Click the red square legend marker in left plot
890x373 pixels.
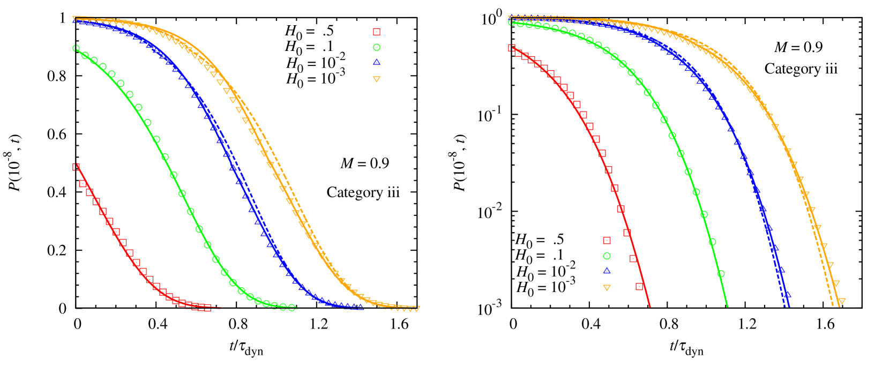(x=377, y=32)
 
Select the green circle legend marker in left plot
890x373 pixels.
(x=377, y=48)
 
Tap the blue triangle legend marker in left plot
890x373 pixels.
(x=377, y=62)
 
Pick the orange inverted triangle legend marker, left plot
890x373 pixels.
(x=377, y=79)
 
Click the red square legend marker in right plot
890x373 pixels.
(x=607, y=240)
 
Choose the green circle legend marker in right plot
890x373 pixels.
(x=607, y=256)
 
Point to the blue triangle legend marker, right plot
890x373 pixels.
(x=607, y=271)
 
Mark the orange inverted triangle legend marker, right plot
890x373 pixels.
(x=607, y=288)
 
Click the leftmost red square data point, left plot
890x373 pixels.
(x=76, y=167)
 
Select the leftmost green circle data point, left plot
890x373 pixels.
(x=76, y=48)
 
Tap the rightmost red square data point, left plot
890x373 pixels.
(x=207, y=308)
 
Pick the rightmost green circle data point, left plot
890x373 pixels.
(x=291, y=308)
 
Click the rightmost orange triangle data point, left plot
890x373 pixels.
(x=417, y=309)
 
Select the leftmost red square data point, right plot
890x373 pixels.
(x=512, y=48)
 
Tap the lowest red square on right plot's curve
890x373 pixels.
(x=639, y=287)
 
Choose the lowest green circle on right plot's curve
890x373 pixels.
(x=721, y=273)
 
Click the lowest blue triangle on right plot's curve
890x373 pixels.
(x=787, y=295)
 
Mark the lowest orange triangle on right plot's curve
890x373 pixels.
(x=842, y=302)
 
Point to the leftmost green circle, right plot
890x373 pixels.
(x=512, y=23)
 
